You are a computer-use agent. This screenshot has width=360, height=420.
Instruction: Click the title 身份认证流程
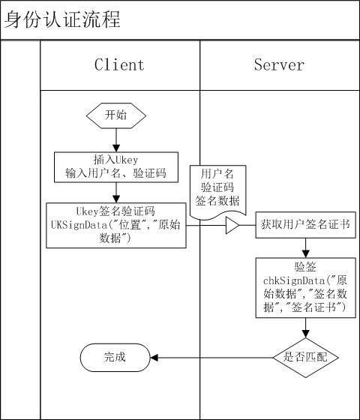(62, 19)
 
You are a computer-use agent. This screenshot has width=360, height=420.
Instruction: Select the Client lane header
(120, 65)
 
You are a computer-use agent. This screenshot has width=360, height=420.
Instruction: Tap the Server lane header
(279, 65)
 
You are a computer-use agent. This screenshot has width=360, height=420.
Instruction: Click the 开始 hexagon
(116, 115)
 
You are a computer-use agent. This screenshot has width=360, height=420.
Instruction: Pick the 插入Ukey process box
(116, 167)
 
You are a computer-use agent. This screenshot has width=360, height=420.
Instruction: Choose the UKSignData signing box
(116, 225)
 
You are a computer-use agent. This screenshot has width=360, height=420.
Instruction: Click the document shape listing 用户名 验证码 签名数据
(217, 192)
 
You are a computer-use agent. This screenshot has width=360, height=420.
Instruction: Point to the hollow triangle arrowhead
(232, 225)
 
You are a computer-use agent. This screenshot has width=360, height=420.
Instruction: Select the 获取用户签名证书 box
(306, 225)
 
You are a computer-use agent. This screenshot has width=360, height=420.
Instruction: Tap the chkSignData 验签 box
(306, 288)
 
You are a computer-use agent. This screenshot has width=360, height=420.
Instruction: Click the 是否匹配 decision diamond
(306, 358)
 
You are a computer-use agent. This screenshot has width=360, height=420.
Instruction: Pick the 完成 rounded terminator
(115, 358)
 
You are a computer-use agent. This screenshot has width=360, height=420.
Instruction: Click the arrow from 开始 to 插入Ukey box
(116, 140)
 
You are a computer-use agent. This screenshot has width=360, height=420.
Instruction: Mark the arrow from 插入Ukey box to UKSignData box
(116, 193)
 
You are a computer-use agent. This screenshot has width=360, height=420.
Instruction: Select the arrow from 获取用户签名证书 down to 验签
(306, 248)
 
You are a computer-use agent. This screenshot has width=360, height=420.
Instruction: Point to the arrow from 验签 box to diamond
(306, 328)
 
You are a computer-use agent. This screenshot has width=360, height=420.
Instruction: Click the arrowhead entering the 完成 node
(154, 358)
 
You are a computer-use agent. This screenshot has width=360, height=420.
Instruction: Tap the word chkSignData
(294, 280)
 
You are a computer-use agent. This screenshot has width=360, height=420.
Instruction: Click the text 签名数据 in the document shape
(217, 201)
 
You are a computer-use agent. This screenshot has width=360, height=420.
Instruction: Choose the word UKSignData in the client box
(79, 225)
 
